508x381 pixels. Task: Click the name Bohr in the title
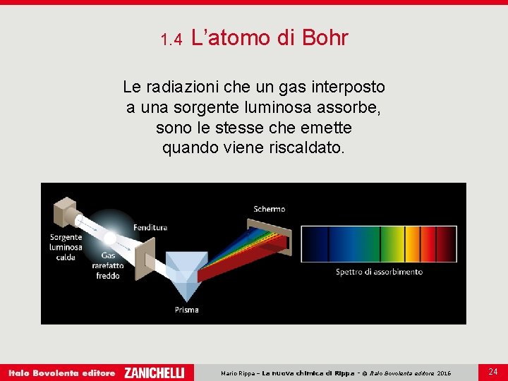pyautogui.click(x=325, y=38)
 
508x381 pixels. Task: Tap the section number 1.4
pyautogui.click(x=171, y=40)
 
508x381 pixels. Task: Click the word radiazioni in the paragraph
pyautogui.click(x=183, y=87)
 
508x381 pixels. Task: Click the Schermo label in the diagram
pyautogui.click(x=270, y=209)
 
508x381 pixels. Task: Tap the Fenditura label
pyautogui.click(x=150, y=227)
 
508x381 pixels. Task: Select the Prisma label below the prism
pyautogui.click(x=187, y=309)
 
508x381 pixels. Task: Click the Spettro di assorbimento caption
pyautogui.click(x=379, y=272)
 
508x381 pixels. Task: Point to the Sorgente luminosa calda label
pyautogui.click(x=66, y=247)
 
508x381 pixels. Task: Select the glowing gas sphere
pyautogui.click(x=111, y=235)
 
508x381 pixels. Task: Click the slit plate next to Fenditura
pyautogui.click(x=145, y=251)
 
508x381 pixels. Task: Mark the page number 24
pyautogui.click(x=492, y=371)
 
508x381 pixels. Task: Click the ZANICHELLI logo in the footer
pyautogui.click(x=154, y=373)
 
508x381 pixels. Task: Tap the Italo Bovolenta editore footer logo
pyautogui.click(x=61, y=373)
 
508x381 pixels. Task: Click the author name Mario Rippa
pyautogui.click(x=238, y=373)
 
